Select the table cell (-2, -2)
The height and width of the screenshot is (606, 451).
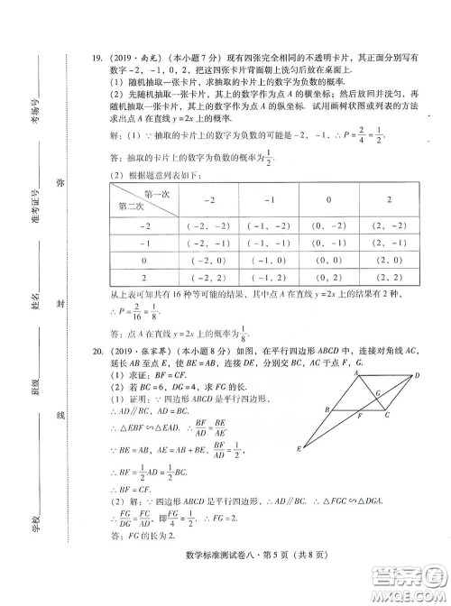point(208,225)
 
